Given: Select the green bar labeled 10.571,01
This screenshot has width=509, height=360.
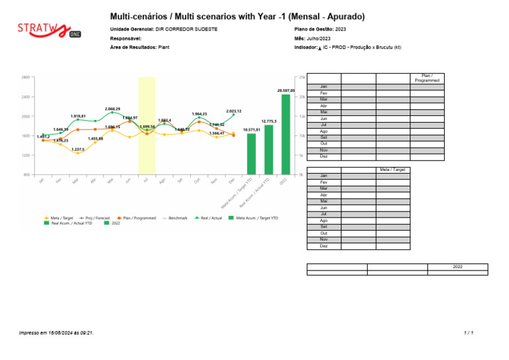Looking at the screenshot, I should pyautogui.click(x=251, y=154).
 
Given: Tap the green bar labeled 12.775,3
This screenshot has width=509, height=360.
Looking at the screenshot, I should pyautogui.click(x=268, y=149).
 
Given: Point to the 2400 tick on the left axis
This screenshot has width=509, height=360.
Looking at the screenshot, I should pyautogui.click(x=25, y=97).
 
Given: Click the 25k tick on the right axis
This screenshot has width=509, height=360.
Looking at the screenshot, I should pyautogui.click(x=302, y=78).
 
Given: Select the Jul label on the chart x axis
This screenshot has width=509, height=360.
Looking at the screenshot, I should pyautogui.click(x=145, y=180).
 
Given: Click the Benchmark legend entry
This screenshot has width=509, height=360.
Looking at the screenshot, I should pyautogui.click(x=176, y=217).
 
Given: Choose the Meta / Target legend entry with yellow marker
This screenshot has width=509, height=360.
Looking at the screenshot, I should pyautogui.click(x=58, y=217).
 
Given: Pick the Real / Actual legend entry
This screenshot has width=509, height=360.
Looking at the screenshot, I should pyautogui.click(x=209, y=217).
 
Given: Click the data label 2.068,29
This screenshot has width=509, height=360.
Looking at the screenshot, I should pyautogui.click(x=112, y=109).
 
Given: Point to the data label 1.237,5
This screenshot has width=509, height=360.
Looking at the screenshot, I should pyautogui.click(x=78, y=149).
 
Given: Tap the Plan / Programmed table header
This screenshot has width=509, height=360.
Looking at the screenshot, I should pyautogui.click(x=427, y=78).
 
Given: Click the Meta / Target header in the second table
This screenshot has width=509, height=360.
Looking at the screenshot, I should pyautogui.click(x=392, y=170).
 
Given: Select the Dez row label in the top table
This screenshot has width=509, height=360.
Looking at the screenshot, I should pyautogui.click(x=323, y=156).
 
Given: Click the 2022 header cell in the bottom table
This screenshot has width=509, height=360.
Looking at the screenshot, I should pyautogui.click(x=457, y=266).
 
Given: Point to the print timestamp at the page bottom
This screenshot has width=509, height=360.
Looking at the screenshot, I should pyautogui.click(x=56, y=332).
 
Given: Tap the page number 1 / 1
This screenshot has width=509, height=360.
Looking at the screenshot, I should pyautogui.click(x=469, y=332).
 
